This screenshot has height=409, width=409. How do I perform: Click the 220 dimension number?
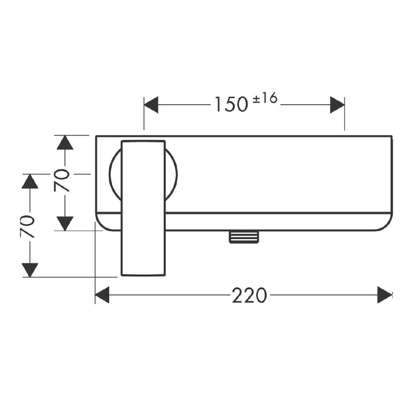coord(250,295)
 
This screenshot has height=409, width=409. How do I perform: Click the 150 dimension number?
coord(231,104)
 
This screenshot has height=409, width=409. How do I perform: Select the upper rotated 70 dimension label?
coord(62,180)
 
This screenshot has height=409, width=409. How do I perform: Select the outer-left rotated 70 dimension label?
coord(27,226)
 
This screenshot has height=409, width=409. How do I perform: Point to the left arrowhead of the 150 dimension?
coord(151,105)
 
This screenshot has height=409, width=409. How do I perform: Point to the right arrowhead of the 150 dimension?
coord(337,105)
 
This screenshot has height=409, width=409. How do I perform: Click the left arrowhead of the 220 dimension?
coord(102,295)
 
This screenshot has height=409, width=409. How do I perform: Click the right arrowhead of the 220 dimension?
coord(385,295)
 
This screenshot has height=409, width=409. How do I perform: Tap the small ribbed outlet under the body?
coord(244,237)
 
